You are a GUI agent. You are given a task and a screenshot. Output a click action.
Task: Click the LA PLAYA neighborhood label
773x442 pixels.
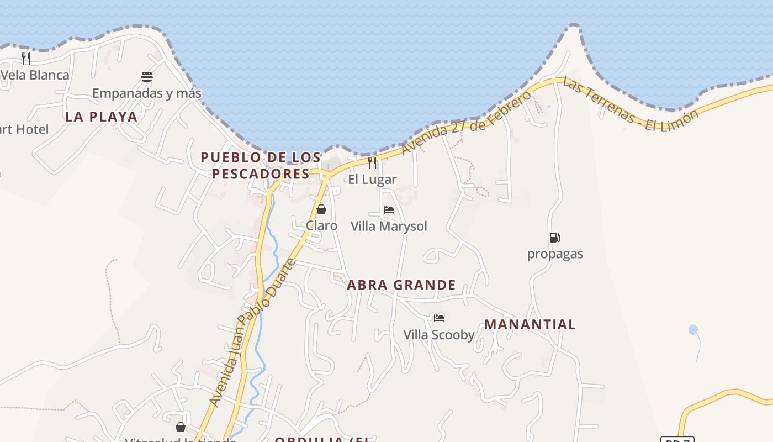[x=101, y=117]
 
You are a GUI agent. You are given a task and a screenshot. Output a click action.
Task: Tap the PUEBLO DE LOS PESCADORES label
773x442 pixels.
[x=261, y=165]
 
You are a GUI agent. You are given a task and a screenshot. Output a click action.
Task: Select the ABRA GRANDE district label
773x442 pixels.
[x=401, y=285]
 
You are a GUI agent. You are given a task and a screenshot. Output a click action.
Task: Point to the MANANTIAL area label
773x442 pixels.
[x=530, y=324]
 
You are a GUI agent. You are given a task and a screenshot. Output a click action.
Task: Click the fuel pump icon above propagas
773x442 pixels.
[x=554, y=238]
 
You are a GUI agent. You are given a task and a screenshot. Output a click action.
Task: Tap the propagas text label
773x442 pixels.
[x=555, y=254]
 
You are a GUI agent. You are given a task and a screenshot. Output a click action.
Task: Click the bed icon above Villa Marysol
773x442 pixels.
[x=389, y=210]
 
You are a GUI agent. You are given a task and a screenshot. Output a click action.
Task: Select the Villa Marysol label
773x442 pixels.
[x=389, y=226]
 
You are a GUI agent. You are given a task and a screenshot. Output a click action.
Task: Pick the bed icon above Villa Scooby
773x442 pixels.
[x=439, y=318]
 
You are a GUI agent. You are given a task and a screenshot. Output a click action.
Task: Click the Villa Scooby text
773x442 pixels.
[x=439, y=335]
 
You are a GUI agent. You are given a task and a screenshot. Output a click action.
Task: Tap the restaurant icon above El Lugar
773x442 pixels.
[x=372, y=162]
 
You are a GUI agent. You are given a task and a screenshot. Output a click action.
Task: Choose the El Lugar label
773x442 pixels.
[x=372, y=180]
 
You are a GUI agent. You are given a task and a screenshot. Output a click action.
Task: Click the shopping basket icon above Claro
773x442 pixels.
[x=321, y=209]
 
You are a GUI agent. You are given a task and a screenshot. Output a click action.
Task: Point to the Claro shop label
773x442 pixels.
[x=321, y=225]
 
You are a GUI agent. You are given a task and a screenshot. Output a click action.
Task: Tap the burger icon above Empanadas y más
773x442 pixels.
[x=147, y=77]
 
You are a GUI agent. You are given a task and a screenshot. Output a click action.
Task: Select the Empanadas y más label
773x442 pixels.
[x=147, y=93]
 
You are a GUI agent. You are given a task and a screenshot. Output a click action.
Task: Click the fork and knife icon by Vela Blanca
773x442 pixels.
[x=26, y=58]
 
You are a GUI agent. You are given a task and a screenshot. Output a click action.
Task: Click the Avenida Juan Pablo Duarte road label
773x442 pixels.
[x=253, y=331]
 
